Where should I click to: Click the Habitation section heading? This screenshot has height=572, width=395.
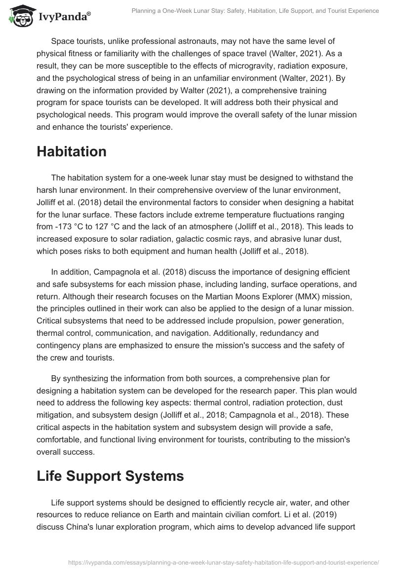tap(71, 152)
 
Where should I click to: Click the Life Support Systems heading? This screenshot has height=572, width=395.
tap(110, 476)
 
